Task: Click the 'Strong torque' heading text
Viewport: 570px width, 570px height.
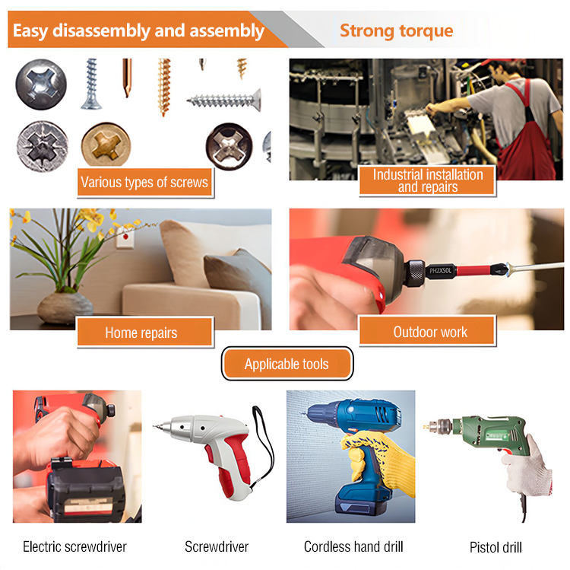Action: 396,30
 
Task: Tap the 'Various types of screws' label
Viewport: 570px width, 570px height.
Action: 144,183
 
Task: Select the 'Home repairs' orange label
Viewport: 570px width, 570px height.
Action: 144,332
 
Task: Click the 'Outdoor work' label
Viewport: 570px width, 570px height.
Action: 427,331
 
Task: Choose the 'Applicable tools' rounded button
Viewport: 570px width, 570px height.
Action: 287,364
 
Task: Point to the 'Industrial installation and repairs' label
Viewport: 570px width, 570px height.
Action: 427,180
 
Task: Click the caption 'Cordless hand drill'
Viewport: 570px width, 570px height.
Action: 353,546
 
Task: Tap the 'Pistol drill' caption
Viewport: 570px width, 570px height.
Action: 496,547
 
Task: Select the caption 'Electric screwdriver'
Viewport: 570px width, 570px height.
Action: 74,546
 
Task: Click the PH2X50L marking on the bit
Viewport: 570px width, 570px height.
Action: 440,271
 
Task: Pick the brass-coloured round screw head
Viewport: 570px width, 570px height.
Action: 106,145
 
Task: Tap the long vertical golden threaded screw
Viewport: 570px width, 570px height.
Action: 164,87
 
